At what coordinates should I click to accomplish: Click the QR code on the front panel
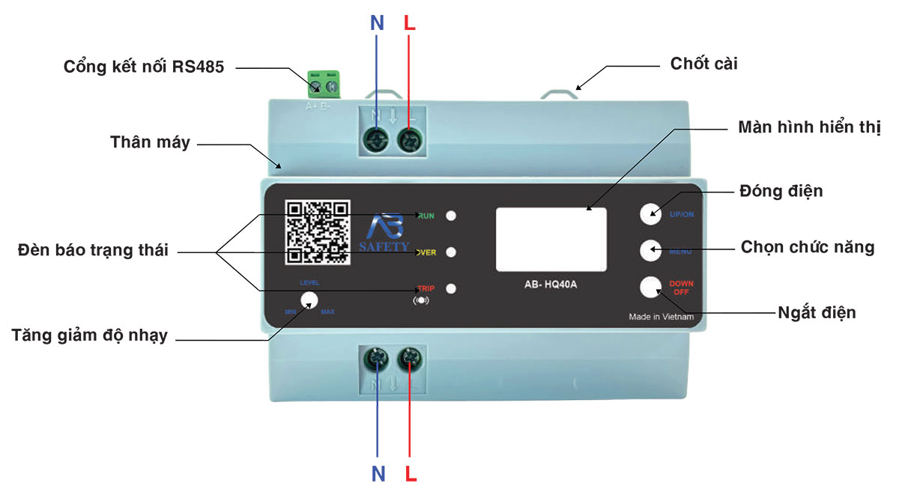pyautogui.click(x=318, y=232)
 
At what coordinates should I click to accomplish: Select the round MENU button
pyautogui.click(x=651, y=250)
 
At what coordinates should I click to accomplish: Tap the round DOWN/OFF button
pyautogui.click(x=651, y=287)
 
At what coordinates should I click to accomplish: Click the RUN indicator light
pyautogui.click(x=451, y=216)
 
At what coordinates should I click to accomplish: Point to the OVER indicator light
pyautogui.click(x=451, y=252)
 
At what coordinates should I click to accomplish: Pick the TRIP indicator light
pyautogui.click(x=451, y=288)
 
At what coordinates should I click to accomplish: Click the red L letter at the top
pyautogui.click(x=409, y=23)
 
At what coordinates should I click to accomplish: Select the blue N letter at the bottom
pyautogui.click(x=378, y=473)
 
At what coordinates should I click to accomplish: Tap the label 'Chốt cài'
pyautogui.click(x=703, y=64)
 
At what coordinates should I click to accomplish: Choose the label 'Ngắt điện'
pyautogui.click(x=816, y=312)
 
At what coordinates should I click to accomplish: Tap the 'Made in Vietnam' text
pyautogui.click(x=661, y=317)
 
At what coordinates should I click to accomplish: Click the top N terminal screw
pyautogui.click(x=375, y=140)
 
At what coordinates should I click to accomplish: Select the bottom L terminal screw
pyautogui.click(x=409, y=358)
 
